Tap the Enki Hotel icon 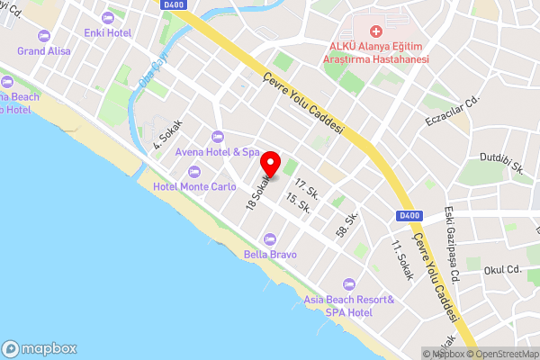(109, 18)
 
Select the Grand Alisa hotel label (42, 51)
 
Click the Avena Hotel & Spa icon (216, 136)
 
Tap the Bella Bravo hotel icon (270, 238)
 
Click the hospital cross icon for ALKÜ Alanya (376, 30)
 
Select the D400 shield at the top (175, 4)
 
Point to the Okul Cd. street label (502, 269)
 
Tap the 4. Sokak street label (167, 133)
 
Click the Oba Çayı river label (153, 73)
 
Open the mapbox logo (40, 348)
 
